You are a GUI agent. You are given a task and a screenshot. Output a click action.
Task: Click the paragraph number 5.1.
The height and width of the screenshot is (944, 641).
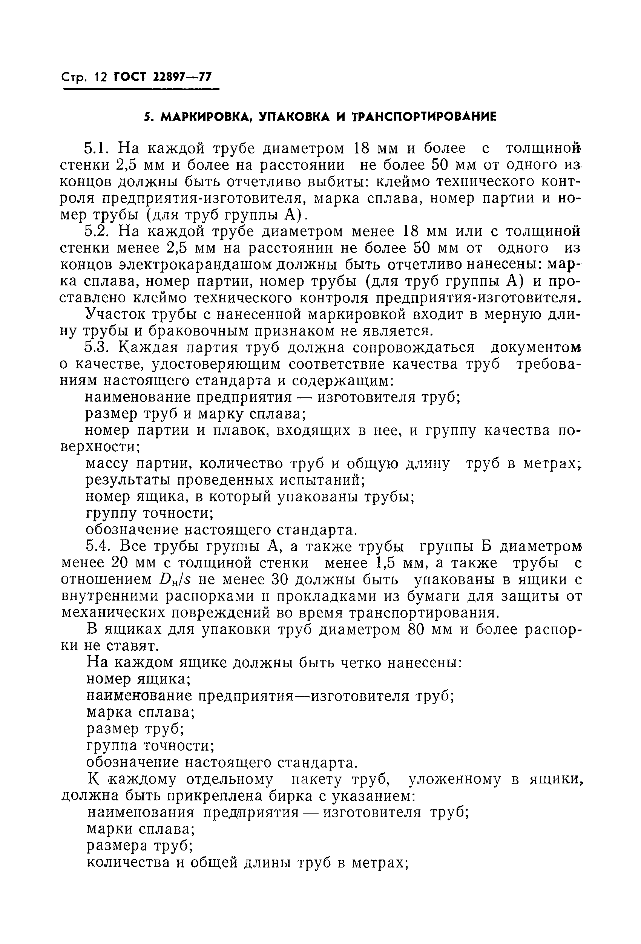[x=97, y=148]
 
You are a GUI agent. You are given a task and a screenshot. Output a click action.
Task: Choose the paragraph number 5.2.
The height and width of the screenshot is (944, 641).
[x=97, y=231]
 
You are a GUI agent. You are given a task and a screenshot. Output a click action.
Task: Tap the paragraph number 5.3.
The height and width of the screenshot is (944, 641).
[x=97, y=348]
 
